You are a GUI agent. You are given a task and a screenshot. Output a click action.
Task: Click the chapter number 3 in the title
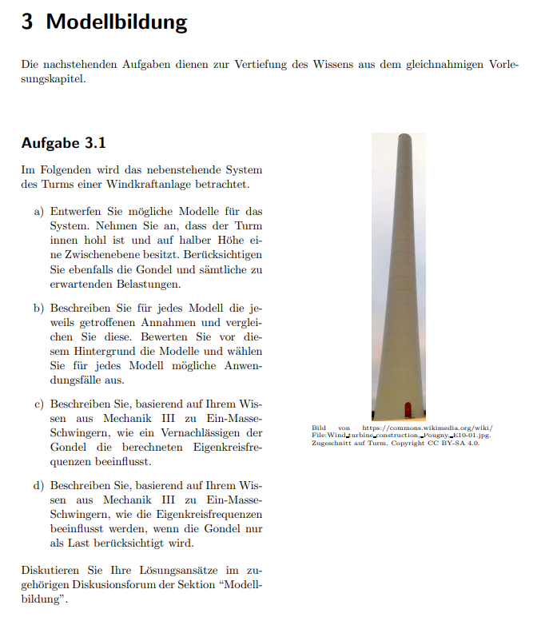pyautogui.click(x=27, y=22)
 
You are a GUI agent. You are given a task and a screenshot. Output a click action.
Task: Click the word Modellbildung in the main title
pyautogui.click(x=117, y=22)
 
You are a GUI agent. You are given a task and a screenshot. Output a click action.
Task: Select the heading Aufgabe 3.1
pyautogui.click(x=63, y=144)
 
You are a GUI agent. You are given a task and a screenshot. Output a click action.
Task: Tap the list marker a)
pyautogui.click(x=38, y=212)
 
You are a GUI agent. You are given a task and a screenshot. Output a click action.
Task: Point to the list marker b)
pyautogui.click(x=38, y=308)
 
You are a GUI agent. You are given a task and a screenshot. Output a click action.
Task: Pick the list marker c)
pyautogui.click(x=38, y=404)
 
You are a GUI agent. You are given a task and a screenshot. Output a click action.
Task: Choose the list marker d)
pyautogui.click(x=38, y=485)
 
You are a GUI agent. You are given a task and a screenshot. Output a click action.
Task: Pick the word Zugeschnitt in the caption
pyautogui.click(x=328, y=443)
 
